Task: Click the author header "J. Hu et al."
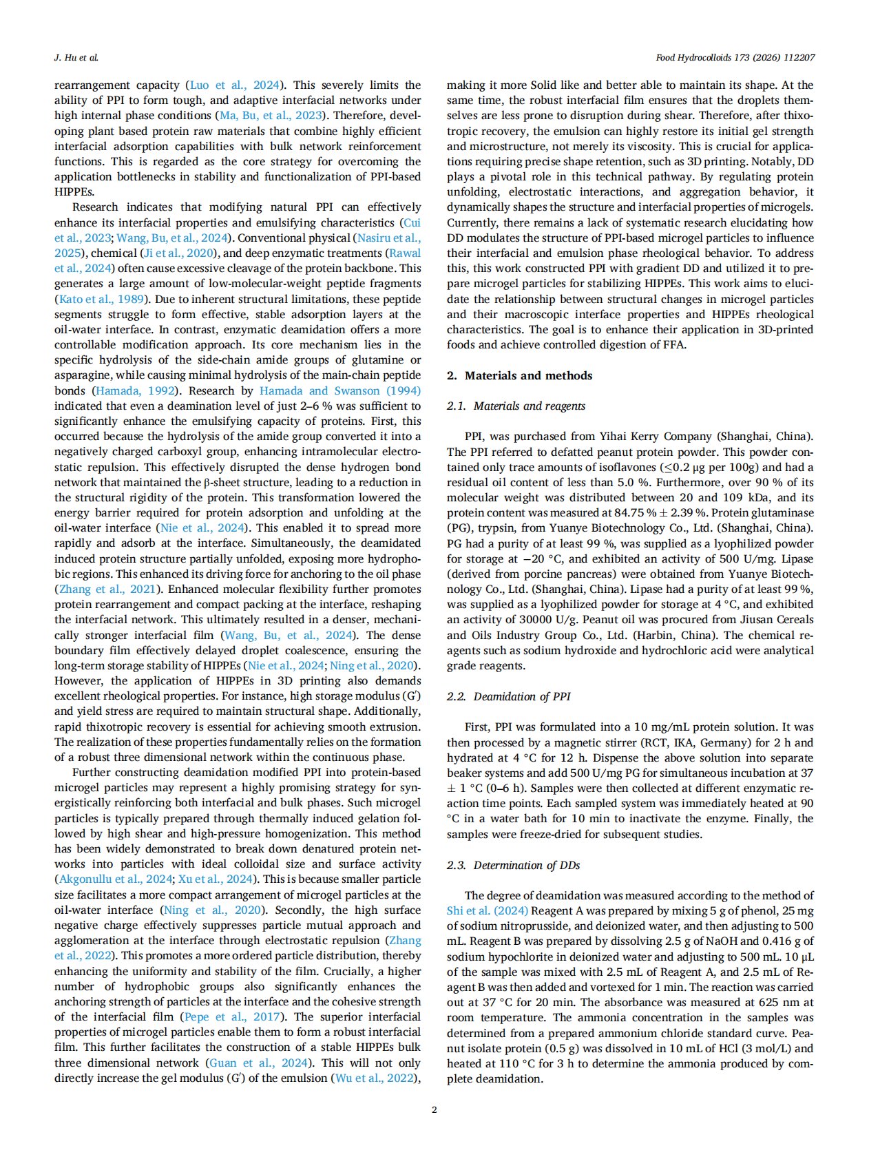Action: click(76, 57)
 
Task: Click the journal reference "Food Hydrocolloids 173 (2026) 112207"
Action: click(735, 57)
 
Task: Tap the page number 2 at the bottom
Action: click(434, 1109)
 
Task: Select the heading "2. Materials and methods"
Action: click(519, 375)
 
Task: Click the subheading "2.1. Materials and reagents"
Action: click(516, 406)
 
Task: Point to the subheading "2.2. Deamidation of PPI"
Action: click(508, 696)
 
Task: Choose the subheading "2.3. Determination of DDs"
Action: click(513, 865)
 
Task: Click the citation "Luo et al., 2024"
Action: click(235, 85)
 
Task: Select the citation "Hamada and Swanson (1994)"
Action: click(340, 390)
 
